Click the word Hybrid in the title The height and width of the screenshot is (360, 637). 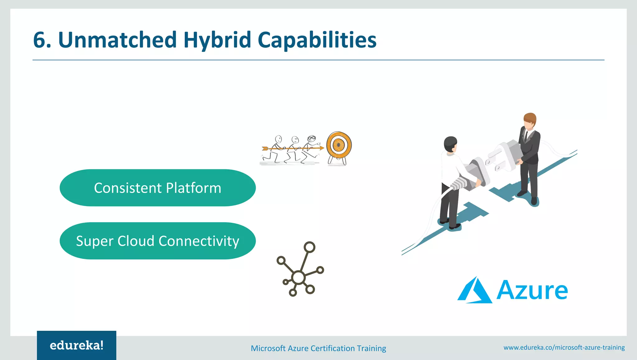[x=217, y=40]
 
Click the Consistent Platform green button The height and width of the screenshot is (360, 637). [x=158, y=188]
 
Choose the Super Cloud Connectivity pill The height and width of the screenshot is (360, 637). [x=158, y=241]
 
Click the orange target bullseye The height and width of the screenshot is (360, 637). [x=339, y=145]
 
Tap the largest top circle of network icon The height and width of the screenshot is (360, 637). [x=309, y=247]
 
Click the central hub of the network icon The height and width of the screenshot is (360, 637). [x=299, y=277]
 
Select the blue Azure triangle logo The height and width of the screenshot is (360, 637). [x=475, y=291]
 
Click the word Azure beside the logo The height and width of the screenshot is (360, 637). [x=532, y=291]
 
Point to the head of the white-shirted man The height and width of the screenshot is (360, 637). [x=450, y=144]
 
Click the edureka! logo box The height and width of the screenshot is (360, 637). [x=77, y=345]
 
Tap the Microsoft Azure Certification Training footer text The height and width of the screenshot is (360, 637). [x=318, y=348]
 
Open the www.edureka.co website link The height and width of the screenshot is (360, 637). [x=564, y=348]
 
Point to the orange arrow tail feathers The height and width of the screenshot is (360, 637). [x=265, y=149]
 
